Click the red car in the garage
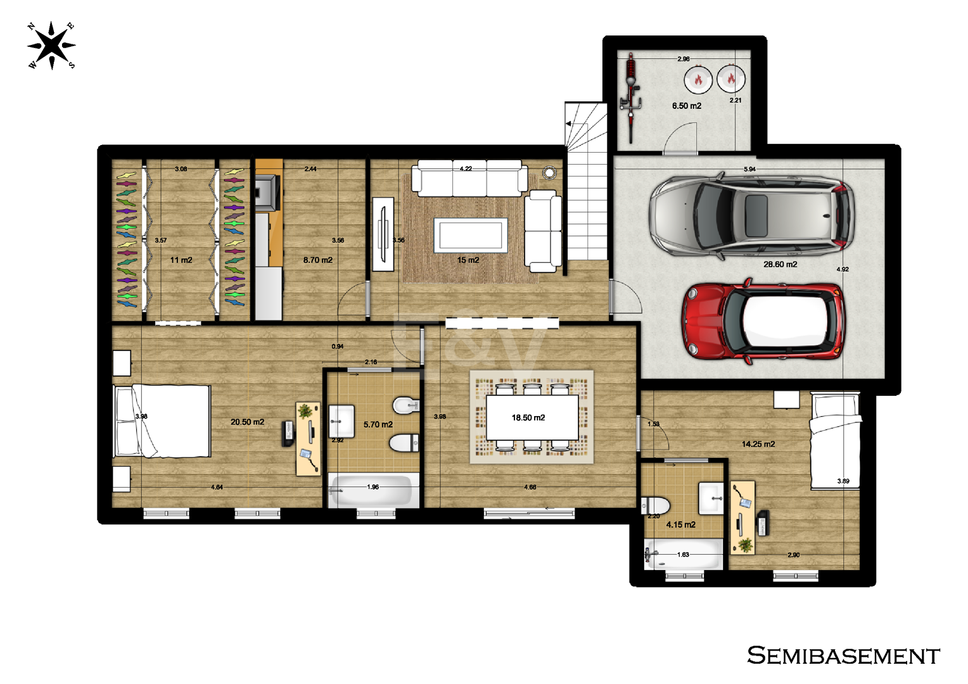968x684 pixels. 763,322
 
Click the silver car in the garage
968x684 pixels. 752,215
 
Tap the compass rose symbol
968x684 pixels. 51,46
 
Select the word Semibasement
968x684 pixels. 843,655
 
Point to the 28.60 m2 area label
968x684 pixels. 780,264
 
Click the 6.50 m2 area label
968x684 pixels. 686,106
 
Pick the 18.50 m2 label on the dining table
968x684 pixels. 528,418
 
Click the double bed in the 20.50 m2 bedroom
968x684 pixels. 162,421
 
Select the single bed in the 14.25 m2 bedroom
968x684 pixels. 835,440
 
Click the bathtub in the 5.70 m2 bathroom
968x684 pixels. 373,490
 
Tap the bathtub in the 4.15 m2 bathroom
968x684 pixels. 683,554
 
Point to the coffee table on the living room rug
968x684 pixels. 471,235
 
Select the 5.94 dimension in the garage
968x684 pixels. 749,169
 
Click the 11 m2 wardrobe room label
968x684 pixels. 181,260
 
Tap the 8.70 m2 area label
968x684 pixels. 317,260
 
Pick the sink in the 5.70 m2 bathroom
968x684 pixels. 341,421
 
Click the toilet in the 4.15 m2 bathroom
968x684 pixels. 655,505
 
